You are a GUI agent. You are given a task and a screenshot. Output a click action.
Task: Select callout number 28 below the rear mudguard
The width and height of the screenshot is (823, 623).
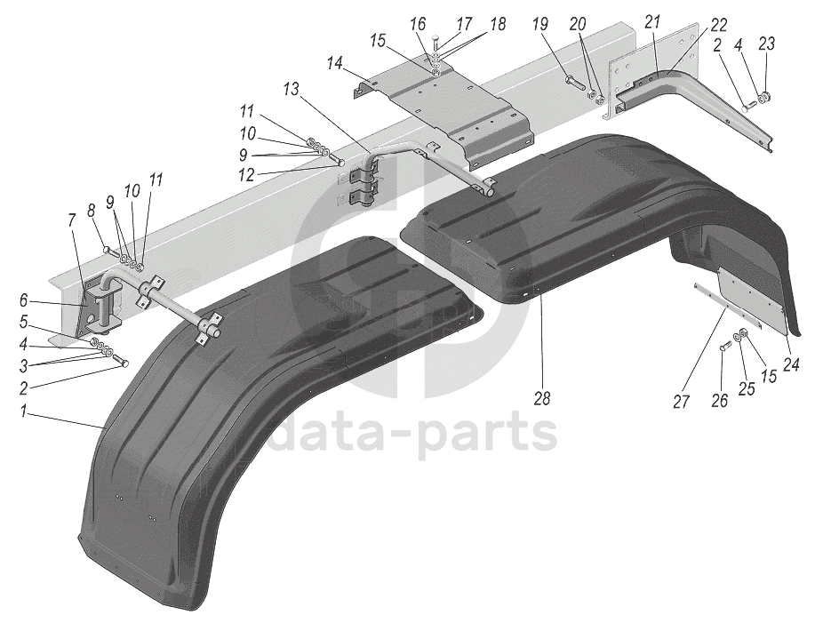coord(542,399)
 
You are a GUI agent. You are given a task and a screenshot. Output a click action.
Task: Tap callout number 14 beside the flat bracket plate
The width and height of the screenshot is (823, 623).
coord(334,64)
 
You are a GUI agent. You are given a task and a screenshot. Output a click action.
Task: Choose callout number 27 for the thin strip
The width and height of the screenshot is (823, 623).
coord(682,401)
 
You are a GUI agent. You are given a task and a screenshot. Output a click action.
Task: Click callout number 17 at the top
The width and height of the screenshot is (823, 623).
coord(465,24)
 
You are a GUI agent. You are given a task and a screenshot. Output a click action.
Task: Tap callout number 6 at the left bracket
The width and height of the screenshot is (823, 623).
coord(25,301)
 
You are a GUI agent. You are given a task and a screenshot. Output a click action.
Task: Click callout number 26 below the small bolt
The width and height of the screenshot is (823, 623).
coord(720,401)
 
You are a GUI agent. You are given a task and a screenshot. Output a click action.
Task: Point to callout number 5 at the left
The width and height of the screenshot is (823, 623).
coord(25,321)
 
